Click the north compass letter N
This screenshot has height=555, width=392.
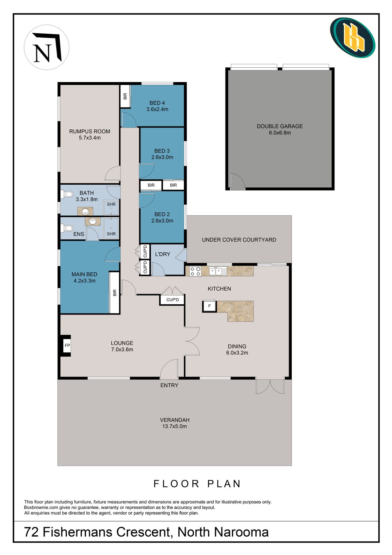(42, 53)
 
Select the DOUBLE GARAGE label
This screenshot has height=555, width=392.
(280, 126)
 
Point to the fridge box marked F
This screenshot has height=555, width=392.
(209, 306)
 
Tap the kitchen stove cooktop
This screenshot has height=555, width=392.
(195, 271)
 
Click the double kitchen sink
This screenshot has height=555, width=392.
(216, 271)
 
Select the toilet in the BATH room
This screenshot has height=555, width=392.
(67, 194)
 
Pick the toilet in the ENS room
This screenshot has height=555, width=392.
(67, 228)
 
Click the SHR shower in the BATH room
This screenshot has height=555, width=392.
(111, 207)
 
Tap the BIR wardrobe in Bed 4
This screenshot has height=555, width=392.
(125, 96)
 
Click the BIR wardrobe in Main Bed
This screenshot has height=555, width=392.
(114, 293)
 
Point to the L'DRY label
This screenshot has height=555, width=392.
(163, 254)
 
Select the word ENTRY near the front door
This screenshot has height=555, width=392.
(170, 385)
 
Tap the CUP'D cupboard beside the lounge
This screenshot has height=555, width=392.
(172, 300)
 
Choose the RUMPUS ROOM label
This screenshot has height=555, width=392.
(90, 131)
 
